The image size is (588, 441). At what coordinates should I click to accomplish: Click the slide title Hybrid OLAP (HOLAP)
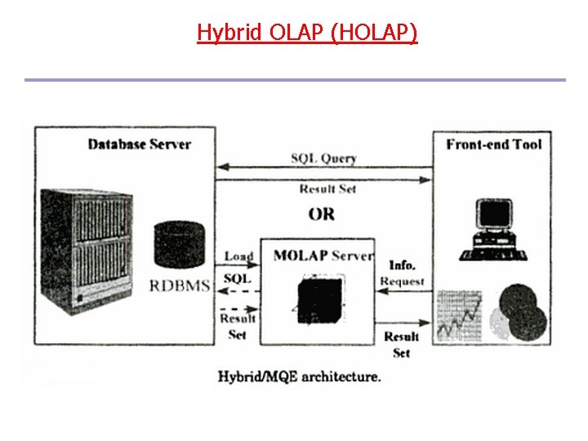(x=307, y=33)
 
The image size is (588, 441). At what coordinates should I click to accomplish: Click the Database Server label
(x=139, y=145)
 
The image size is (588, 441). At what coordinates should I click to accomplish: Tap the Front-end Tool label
(x=494, y=145)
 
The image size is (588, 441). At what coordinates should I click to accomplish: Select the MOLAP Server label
(x=323, y=256)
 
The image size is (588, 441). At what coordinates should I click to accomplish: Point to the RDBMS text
(x=180, y=286)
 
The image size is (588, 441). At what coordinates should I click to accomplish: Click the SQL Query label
(x=324, y=158)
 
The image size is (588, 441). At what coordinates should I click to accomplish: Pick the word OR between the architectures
(x=322, y=214)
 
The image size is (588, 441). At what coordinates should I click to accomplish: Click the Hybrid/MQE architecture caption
(x=299, y=376)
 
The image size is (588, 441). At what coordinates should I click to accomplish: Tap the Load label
(x=238, y=256)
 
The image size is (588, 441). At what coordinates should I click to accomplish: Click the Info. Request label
(x=402, y=274)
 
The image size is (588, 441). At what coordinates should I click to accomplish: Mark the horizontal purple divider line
(x=294, y=80)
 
